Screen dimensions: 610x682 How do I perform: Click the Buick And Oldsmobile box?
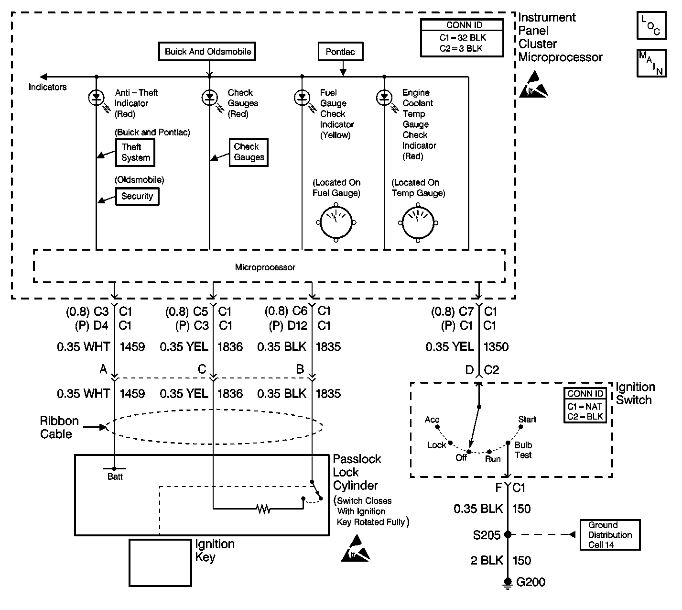pyautogui.click(x=207, y=52)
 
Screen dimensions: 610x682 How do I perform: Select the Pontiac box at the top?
pyautogui.click(x=340, y=52)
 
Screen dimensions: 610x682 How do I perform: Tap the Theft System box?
pyautogui.click(x=135, y=152)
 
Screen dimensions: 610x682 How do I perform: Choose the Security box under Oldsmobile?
pyautogui.click(x=137, y=196)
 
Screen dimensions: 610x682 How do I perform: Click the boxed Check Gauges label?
pyautogui.click(x=249, y=152)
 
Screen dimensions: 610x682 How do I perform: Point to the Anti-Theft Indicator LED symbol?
pyautogui.click(x=96, y=98)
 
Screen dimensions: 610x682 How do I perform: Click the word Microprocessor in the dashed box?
pyautogui.click(x=265, y=267)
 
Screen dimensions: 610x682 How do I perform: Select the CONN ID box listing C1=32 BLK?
pyautogui.click(x=461, y=38)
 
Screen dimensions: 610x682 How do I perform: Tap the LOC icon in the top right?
pyautogui.click(x=651, y=25)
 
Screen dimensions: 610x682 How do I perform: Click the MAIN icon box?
pyautogui.click(x=651, y=63)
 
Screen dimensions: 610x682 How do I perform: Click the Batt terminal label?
pyautogui.click(x=115, y=477)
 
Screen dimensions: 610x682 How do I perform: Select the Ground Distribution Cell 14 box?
pyautogui.click(x=609, y=535)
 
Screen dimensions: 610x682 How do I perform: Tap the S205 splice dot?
pyautogui.click(x=508, y=534)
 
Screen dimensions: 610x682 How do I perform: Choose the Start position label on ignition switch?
pyautogui.click(x=527, y=420)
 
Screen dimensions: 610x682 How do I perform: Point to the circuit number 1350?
pyautogui.click(x=496, y=347)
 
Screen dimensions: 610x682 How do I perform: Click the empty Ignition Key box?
pyautogui.click(x=160, y=563)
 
